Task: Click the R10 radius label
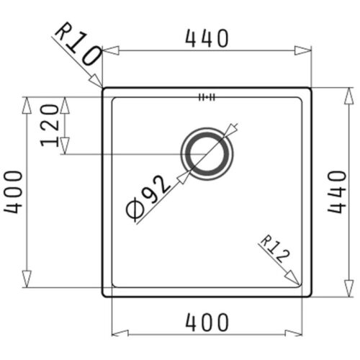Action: (x=77, y=45)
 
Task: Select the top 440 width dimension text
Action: (x=207, y=38)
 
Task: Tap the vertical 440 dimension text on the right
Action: (x=337, y=192)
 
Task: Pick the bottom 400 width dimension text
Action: (x=207, y=323)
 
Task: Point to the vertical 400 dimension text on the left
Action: (x=13, y=192)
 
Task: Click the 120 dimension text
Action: (x=50, y=125)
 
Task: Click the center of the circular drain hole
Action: (x=207, y=154)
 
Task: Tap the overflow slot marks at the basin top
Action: (x=207, y=97)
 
